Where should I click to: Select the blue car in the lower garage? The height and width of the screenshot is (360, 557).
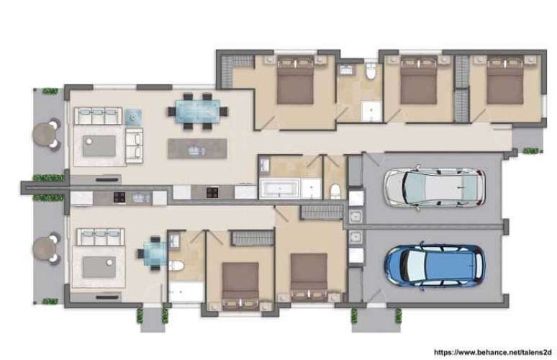[434, 265]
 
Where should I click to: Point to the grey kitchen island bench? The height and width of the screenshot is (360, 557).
[196, 148]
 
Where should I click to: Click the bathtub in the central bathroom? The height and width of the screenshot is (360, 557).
[279, 190]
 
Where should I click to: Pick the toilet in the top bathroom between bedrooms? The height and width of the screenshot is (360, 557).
[371, 72]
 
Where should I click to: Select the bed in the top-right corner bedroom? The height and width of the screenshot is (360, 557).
[503, 83]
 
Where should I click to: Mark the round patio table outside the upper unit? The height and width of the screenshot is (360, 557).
[45, 133]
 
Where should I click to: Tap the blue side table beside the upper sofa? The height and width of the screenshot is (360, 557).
[134, 115]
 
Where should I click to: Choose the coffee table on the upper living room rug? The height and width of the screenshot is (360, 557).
[99, 145]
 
